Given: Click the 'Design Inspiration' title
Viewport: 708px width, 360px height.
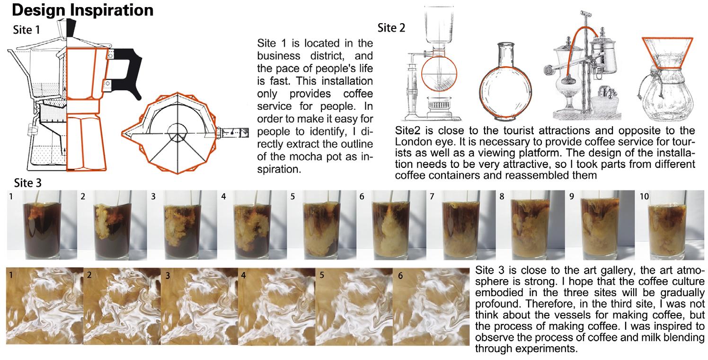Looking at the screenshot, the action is point(83,10).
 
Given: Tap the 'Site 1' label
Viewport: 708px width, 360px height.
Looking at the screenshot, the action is point(27,30).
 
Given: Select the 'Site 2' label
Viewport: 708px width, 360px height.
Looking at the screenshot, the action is point(391,28).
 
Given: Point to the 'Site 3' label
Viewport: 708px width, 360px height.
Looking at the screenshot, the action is point(28,183).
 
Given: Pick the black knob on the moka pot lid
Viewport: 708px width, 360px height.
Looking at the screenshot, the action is point(71,28).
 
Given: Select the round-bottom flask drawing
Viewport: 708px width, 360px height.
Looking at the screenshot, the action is point(505,83).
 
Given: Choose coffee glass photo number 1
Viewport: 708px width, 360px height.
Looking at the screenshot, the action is point(42,225).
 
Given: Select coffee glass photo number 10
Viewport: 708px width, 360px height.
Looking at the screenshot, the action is point(670,225).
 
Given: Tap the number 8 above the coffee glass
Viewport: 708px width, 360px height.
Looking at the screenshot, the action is point(502,197).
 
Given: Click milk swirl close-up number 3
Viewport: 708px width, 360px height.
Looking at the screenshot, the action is point(199,306).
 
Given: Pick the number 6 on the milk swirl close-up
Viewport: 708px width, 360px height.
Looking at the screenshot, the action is point(400,276).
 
